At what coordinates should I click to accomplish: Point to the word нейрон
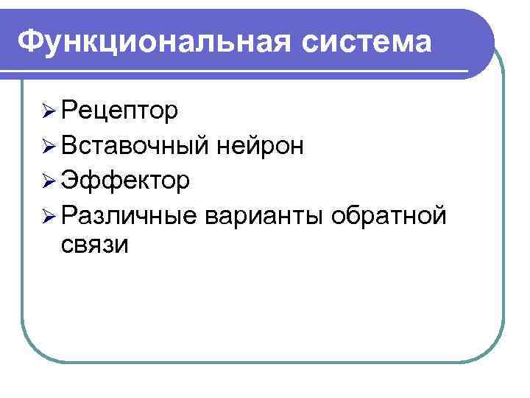click(261, 145)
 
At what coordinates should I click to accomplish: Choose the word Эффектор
click(126, 179)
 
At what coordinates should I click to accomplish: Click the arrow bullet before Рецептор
click(49, 112)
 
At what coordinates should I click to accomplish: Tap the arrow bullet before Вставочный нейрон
click(49, 146)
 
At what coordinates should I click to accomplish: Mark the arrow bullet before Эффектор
click(49, 180)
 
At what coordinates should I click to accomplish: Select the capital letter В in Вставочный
click(71, 145)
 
